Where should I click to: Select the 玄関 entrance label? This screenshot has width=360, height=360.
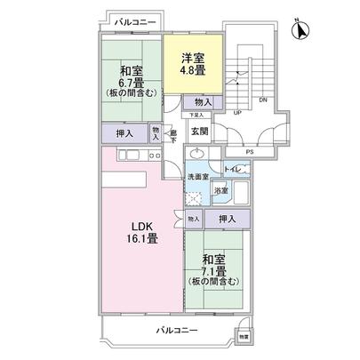coord(199,132)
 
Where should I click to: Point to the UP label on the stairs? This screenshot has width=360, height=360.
coord(236,114)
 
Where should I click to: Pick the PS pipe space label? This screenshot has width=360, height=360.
coord(249,151)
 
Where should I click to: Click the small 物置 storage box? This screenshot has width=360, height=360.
coord(244,336)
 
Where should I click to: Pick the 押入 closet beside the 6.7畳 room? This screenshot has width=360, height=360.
coord(125,134)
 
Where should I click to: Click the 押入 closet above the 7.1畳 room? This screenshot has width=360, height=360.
coord(228,219)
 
